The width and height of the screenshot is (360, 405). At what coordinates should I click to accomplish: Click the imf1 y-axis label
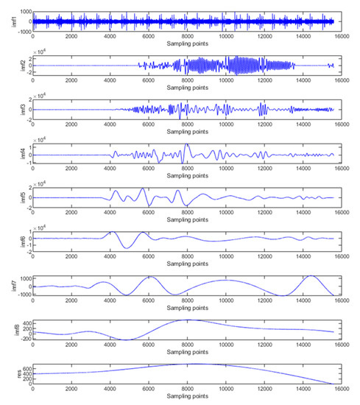click(x=6, y=21)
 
